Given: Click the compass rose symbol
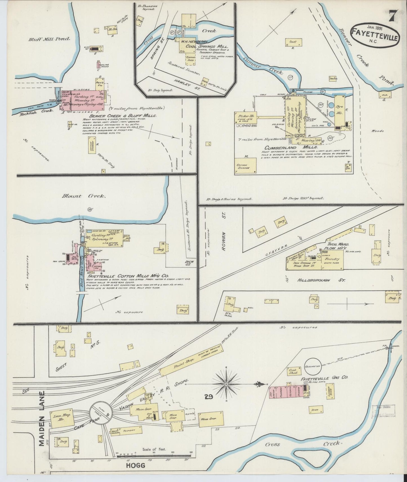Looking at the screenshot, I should pyautogui.click(x=226, y=384).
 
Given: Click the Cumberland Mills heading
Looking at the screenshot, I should pyautogui.click(x=291, y=147).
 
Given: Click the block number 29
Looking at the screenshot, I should pyautogui.click(x=208, y=397).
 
